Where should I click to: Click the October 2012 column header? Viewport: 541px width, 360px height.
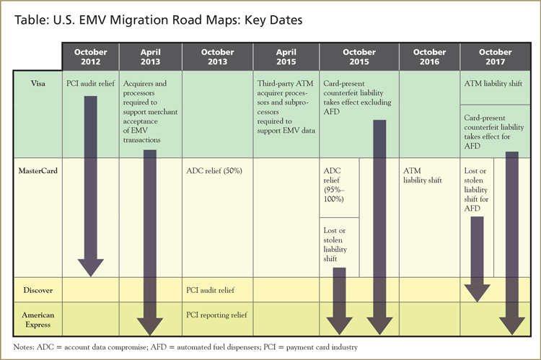click(x=90, y=57)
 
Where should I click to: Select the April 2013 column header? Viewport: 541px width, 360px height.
click(x=150, y=57)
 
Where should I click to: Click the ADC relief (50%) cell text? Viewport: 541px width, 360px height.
click(x=216, y=171)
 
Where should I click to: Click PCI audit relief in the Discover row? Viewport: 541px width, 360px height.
click(x=213, y=290)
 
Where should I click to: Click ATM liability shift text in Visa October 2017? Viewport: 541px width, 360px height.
click(x=492, y=84)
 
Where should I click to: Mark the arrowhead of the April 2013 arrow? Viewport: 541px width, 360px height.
click(x=150, y=328)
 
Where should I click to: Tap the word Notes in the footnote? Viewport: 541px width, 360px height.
click(x=27, y=348)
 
